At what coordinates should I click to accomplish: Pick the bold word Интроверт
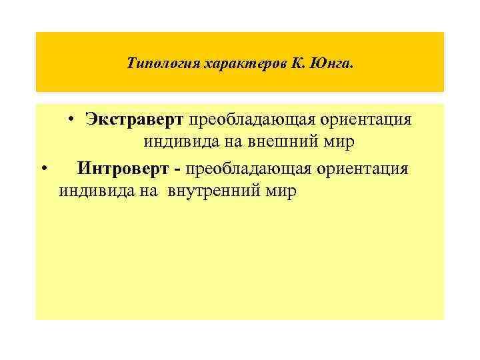125,169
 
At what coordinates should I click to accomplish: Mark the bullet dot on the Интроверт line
43,169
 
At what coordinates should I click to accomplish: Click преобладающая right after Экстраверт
243,120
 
